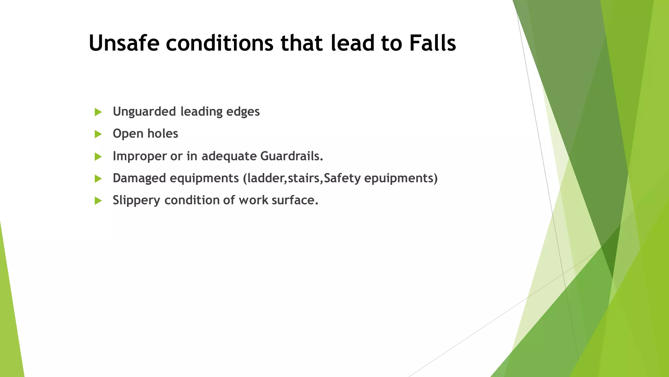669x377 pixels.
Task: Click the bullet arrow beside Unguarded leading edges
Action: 98,112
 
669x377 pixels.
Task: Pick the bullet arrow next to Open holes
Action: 98,134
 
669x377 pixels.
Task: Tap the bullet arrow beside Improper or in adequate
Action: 98,156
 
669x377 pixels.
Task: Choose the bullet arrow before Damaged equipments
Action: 98,179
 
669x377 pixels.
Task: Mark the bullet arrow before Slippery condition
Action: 98,201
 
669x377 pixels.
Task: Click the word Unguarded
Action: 144,112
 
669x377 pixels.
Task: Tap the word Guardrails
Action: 291,156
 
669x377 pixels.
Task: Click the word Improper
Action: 139,156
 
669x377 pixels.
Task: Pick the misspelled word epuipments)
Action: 400,178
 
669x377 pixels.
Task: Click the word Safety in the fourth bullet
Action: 342,178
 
